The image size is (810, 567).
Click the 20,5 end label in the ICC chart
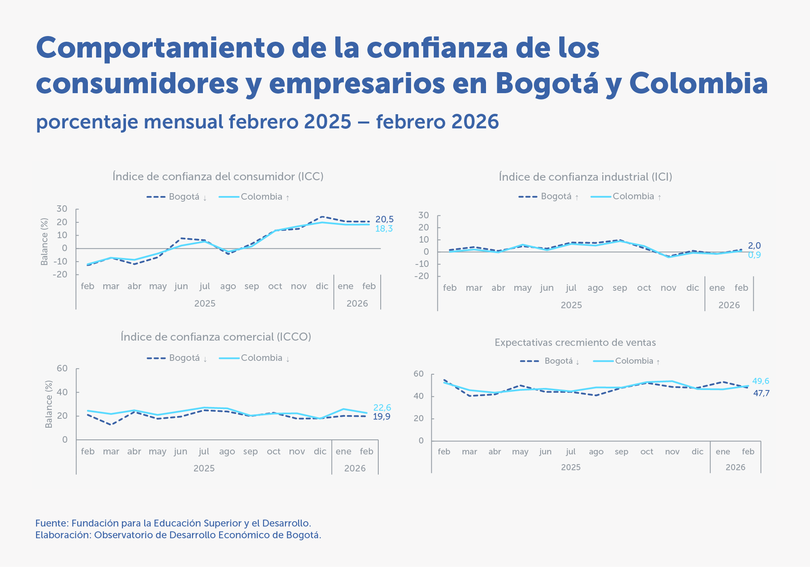click(384, 220)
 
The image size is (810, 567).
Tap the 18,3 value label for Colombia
click(384, 229)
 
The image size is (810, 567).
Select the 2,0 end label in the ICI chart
click(754, 246)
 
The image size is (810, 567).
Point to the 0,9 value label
click(754, 255)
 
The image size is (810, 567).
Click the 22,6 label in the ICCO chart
click(382, 408)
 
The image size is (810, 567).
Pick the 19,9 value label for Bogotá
click(382, 417)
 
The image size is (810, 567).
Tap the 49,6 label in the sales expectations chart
click(761, 381)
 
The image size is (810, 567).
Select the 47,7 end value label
click(761, 393)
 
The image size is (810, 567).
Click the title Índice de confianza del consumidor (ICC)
click(218, 177)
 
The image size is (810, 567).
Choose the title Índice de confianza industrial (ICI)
click(585, 177)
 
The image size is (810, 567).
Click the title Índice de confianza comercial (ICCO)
click(216, 337)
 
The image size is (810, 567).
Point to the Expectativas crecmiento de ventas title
click(575, 343)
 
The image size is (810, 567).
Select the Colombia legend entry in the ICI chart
click(633, 196)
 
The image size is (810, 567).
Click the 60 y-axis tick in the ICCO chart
click(62, 369)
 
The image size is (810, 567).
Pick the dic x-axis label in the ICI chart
click(693, 288)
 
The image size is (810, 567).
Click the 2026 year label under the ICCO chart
click(355, 469)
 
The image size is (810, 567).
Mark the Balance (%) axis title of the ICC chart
click(45, 242)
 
